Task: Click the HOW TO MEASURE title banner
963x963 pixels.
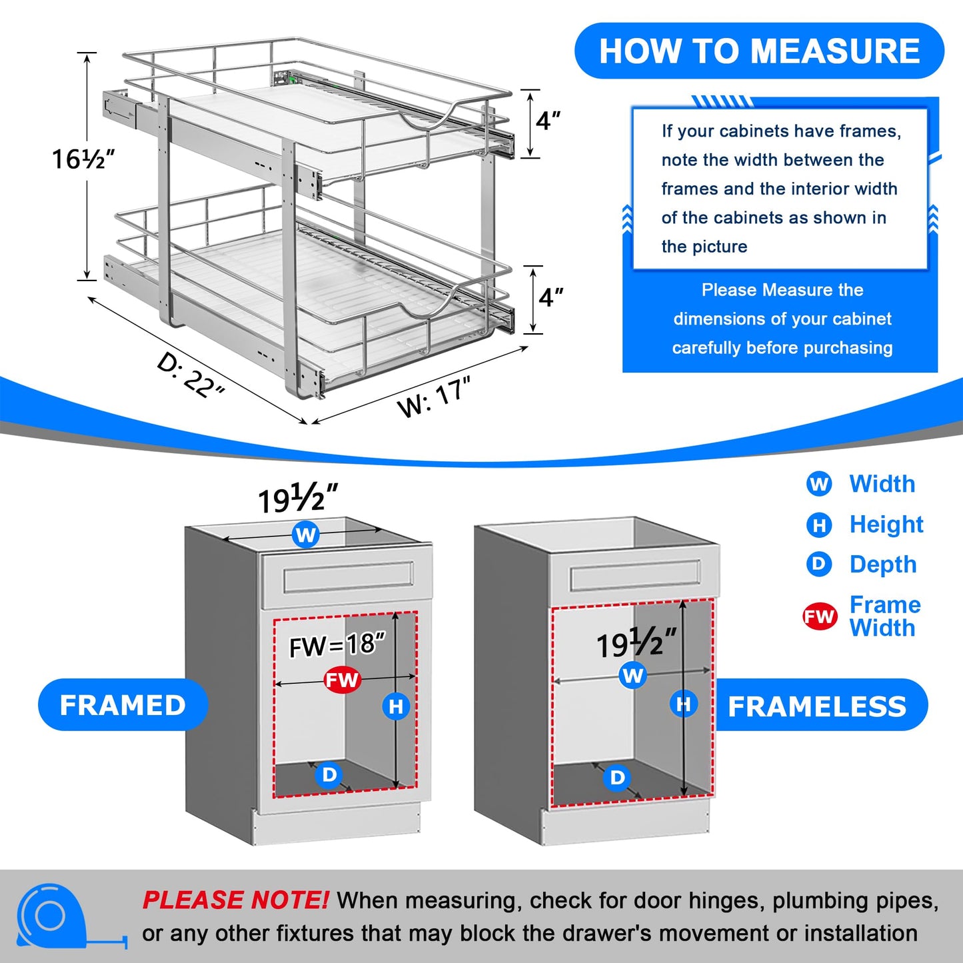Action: point(759,51)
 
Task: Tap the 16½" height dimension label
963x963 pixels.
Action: point(83,159)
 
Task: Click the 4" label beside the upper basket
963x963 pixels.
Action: point(548,121)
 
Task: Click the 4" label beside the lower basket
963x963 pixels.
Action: point(550,297)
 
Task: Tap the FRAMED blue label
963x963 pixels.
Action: point(123,705)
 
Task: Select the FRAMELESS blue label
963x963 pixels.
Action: point(817,706)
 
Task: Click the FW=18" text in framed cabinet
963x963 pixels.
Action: point(337,645)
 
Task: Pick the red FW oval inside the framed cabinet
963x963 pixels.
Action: point(342,680)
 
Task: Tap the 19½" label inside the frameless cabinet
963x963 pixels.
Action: point(636,644)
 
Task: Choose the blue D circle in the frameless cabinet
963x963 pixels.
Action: point(618,777)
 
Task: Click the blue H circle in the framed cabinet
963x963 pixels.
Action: point(396,706)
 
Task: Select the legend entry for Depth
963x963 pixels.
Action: point(882,564)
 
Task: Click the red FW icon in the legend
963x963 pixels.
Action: point(819,616)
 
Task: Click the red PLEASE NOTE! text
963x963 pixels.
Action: point(235,900)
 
